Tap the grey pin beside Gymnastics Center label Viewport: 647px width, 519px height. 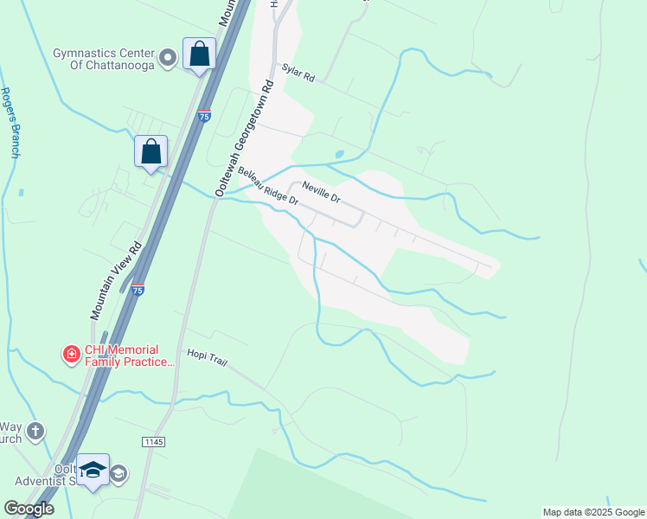170,59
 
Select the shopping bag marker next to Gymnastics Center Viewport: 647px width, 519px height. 199,54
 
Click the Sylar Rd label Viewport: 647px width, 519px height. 299,74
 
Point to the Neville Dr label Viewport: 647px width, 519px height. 321,191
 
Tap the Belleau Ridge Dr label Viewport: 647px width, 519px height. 267,187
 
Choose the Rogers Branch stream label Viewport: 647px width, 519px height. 10,122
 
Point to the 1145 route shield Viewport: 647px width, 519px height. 153,441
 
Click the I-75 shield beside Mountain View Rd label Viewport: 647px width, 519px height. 138,292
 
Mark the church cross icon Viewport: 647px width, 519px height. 35,430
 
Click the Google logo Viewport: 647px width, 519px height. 29,509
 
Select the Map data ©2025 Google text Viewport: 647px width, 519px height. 593,512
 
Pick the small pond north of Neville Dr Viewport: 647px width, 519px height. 339,155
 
